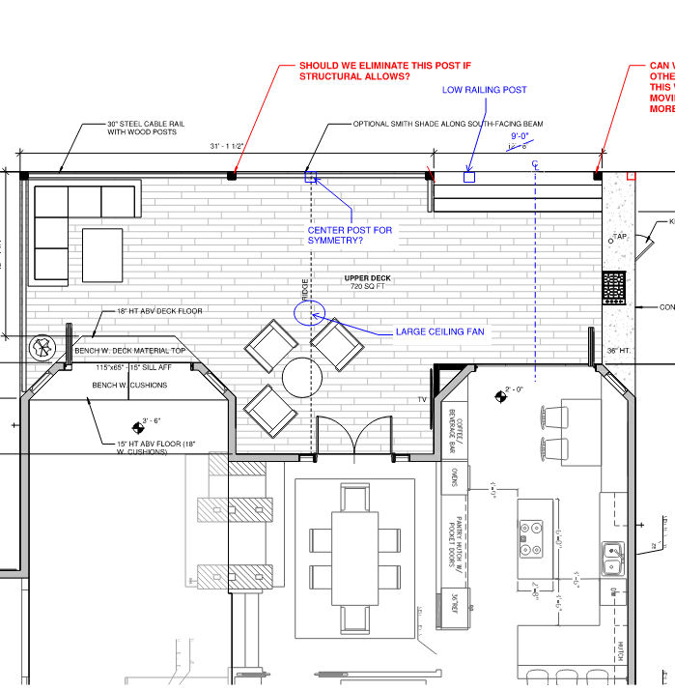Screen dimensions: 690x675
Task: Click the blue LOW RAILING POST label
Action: tap(484, 90)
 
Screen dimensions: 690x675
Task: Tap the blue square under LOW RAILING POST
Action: tap(469, 177)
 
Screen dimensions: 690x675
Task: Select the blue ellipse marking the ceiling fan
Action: tap(309, 312)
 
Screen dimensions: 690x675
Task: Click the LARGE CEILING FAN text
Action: tap(439, 332)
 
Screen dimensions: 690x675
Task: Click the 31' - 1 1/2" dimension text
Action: tap(227, 146)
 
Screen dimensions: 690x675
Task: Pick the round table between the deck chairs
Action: tap(301, 375)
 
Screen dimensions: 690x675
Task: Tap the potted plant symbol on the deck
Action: tap(42, 348)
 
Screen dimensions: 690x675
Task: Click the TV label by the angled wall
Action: tap(422, 399)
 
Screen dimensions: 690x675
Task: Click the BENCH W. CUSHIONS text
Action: tap(129, 386)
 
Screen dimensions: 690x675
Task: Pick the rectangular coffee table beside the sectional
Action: tap(102, 255)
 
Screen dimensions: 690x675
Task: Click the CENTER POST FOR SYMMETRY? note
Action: tap(350, 235)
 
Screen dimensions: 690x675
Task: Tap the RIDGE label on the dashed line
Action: tap(304, 290)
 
